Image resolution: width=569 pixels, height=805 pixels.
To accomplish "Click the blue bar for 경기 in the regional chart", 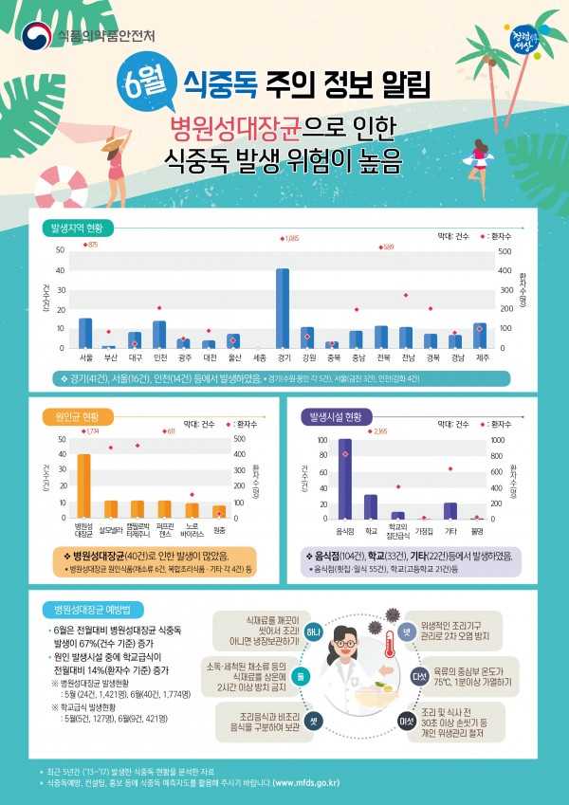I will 283,308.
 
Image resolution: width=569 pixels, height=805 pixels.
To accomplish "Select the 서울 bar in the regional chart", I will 85,333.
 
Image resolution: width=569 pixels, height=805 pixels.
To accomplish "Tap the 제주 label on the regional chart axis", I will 480,357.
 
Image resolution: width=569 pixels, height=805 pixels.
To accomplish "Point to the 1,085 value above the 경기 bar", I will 290,239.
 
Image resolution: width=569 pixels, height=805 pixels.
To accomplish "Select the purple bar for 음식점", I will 345,479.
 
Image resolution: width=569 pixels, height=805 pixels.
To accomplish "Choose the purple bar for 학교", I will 371,506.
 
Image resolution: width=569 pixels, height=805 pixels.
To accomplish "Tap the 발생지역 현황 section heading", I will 83,228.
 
